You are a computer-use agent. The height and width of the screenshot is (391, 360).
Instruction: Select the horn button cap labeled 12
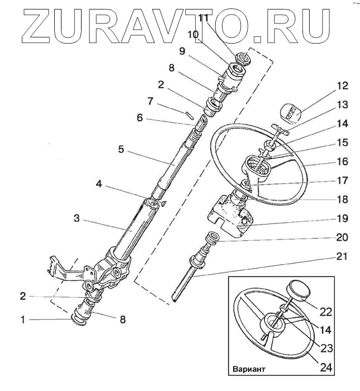click(x=290, y=115)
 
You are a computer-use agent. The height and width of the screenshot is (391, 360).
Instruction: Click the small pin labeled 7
click(x=190, y=115)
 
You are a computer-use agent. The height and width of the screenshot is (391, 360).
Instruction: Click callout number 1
click(x=23, y=320)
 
